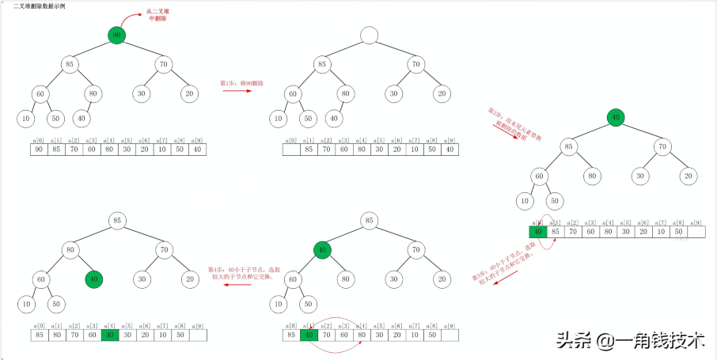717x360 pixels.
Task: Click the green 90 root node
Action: (117, 35)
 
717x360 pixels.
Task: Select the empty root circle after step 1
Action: (369, 35)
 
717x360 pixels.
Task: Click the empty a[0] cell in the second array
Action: (291, 149)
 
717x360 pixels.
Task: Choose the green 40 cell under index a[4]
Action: (110, 335)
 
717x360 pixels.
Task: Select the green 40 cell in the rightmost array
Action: (538, 232)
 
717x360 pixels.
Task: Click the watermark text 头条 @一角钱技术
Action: (630, 340)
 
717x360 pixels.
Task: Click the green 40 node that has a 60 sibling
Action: (94, 279)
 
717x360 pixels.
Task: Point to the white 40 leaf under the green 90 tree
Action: (82, 119)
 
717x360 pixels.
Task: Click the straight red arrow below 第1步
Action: (237, 91)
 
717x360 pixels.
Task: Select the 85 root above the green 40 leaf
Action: (117, 221)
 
